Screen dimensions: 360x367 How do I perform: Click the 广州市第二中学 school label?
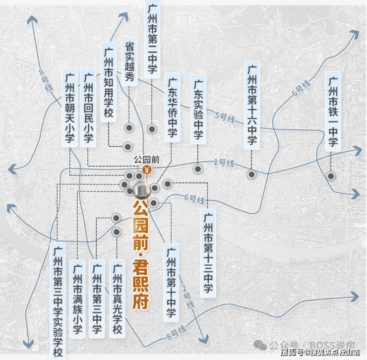153,38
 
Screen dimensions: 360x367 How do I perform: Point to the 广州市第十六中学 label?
252,105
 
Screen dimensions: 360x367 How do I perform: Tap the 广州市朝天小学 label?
70,109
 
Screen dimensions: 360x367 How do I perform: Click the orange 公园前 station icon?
147,169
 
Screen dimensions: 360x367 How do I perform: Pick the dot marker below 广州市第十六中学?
251,174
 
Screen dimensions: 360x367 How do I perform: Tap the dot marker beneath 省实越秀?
129,128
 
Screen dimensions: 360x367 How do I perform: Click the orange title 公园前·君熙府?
142,250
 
